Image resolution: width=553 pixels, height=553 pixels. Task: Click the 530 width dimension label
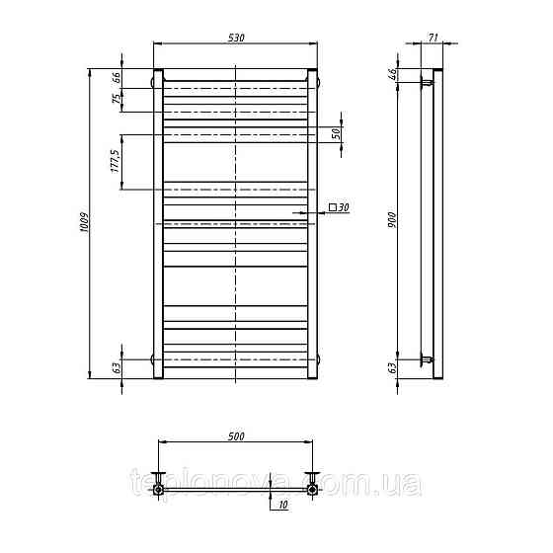click(x=236, y=38)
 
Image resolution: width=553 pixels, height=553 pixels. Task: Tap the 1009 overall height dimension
click(x=84, y=222)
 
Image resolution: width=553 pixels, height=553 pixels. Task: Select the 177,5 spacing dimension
click(x=116, y=161)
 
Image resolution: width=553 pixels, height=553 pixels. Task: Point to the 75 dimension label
click(x=117, y=99)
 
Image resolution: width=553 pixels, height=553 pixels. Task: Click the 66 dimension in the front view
click(x=117, y=77)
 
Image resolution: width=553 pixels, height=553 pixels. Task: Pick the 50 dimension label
click(x=336, y=133)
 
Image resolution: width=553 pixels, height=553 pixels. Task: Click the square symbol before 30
click(x=332, y=207)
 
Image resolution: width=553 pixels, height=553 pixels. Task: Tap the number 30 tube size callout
click(x=344, y=207)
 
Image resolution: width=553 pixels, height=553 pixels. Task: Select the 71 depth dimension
click(x=434, y=38)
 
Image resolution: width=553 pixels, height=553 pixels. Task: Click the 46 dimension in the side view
click(x=392, y=74)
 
